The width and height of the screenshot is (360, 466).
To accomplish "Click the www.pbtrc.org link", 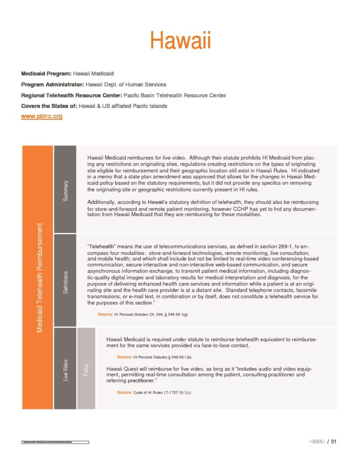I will [x=41, y=116].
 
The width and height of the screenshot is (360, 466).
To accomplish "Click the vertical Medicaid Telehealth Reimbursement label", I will [x=39, y=278].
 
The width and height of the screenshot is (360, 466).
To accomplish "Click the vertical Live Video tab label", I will [x=65, y=370].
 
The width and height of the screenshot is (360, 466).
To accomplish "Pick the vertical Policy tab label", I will [x=86, y=370].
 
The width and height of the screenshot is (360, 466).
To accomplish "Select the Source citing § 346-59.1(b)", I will [x=155, y=357].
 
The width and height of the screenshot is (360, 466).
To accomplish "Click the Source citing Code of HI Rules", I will [x=155, y=392].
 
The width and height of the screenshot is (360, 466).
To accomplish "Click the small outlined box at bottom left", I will [x=55, y=442].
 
